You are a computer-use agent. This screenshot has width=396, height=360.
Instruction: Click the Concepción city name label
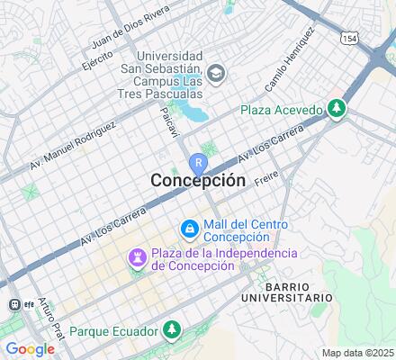[x=197, y=180]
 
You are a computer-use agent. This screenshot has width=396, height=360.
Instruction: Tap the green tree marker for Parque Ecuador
[x=170, y=331]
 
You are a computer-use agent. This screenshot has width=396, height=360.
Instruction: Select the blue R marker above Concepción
[x=198, y=163]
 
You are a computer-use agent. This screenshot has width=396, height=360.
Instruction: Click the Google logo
[x=30, y=348]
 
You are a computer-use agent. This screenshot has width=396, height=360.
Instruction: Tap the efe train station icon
[x=14, y=304]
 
